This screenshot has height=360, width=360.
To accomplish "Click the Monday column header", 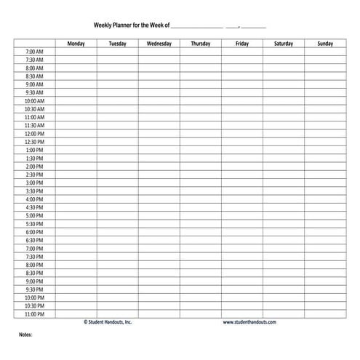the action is (x=76, y=44).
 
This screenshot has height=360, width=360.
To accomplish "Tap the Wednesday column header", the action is (x=159, y=44).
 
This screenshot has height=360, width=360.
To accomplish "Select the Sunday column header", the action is (x=325, y=44).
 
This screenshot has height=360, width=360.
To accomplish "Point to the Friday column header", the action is (x=242, y=44).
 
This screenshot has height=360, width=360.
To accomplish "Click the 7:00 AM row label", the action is (x=34, y=52).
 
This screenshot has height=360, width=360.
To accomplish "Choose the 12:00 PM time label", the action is (x=34, y=134).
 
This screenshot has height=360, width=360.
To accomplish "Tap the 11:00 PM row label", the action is (x=34, y=314).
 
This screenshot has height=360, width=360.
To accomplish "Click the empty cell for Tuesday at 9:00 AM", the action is (x=117, y=84).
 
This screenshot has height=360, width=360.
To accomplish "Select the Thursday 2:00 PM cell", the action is (x=201, y=167).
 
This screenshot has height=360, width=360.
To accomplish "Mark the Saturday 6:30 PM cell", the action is (x=284, y=240).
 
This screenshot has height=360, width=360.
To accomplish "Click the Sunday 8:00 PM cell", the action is (x=325, y=265).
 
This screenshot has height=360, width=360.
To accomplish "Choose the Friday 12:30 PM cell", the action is (x=242, y=142).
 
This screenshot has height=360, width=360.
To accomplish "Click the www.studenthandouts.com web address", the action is (x=249, y=322).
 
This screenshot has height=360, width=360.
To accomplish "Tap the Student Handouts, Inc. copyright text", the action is (x=108, y=322).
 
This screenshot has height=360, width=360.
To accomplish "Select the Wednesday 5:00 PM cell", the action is (x=159, y=216).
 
